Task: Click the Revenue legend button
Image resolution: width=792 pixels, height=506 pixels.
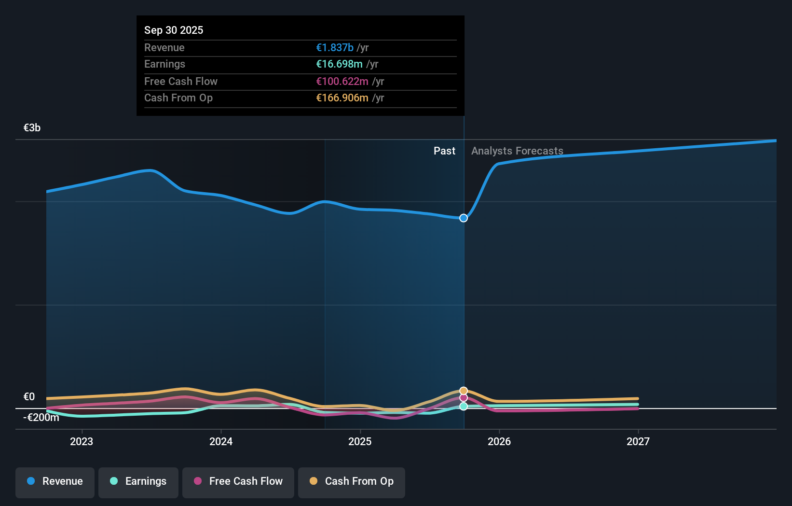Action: click(x=55, y=481)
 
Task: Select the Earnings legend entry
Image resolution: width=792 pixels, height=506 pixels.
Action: click(x=138, y=481)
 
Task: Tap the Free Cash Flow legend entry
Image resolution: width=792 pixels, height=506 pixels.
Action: click(x=238, y=481)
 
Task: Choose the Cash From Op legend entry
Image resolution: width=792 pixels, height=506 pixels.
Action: click(x=352, y=481)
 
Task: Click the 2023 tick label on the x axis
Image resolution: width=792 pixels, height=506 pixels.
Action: click(x=82, y=441)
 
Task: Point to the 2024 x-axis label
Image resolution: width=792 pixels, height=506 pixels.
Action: click(x=221, y=441)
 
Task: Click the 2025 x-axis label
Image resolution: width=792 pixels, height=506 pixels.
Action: click(x=360, y=441)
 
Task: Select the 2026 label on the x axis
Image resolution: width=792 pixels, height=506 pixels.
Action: click(x=499, y=441)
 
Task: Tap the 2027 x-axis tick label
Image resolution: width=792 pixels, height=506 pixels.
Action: click(x=638, y=441)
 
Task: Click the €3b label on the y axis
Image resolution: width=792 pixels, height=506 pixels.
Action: click(x=32, y=128)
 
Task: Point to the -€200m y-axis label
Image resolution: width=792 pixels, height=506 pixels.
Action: click(x=41, y=418)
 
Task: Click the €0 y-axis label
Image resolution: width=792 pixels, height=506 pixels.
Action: click(x=29, y=397)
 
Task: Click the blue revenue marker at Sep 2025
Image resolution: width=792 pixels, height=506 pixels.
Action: click(x=464, y=218)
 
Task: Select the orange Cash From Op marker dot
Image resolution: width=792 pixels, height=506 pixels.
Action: click(x=464, y=391)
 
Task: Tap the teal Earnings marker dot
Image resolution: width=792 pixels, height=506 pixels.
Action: click(x=464, y=407)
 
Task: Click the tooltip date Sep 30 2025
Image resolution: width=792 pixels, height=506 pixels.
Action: click(x=174, y=30)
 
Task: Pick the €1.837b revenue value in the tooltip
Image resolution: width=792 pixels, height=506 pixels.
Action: click(x=335, y=48)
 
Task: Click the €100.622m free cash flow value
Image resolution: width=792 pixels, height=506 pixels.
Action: click(x=342, y=82)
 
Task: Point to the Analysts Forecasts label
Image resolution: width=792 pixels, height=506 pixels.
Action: click(x=517, y=151)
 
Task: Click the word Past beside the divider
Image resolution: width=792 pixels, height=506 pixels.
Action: click(x=444, y=151)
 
